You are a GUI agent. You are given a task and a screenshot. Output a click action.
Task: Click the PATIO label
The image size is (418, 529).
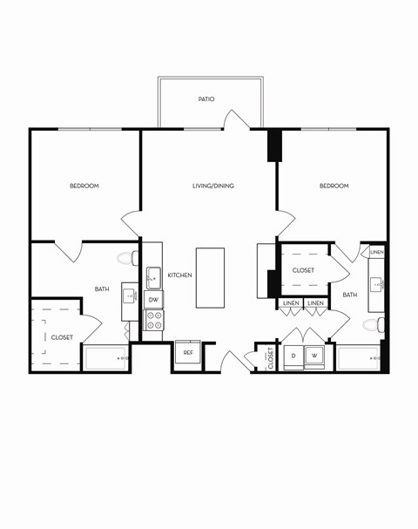[x=206, y=99]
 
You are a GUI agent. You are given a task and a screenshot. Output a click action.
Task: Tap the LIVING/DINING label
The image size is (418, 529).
[x=213, y=186]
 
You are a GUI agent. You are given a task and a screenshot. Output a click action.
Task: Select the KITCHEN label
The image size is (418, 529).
[x=179, y=275]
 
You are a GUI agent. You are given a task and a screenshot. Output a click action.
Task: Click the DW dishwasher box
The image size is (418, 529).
[x=153, y=300]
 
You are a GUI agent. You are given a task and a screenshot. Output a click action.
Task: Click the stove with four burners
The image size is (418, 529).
[x=153, y=320]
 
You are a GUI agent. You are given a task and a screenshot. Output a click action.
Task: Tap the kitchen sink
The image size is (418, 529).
[x=153, y=278]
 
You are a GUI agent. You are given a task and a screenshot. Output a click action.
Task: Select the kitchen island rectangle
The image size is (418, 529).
[x=210, y=277]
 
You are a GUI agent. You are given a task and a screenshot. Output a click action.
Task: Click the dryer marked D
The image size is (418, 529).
[x=293, y=356]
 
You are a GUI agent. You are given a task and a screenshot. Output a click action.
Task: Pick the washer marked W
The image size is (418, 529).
[x=314, y=356]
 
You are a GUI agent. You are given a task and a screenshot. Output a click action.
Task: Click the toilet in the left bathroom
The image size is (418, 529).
[x=127, y=258]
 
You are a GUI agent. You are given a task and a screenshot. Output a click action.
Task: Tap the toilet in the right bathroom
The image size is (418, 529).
[x=372, y=325]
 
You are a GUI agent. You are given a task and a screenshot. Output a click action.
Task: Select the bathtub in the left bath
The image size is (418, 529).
[x=106, y=358]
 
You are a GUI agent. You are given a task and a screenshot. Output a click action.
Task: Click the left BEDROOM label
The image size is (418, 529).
[x=84, y=186]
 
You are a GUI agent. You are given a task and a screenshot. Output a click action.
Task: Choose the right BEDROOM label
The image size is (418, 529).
[x=334, y=186]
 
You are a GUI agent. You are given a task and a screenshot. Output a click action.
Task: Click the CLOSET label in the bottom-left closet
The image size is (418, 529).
[x=62, y=337]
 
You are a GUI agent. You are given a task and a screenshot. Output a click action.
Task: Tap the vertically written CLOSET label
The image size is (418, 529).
[x=270, y=357]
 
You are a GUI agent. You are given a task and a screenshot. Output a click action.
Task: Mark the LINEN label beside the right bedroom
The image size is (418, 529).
[x=376, y=252]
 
